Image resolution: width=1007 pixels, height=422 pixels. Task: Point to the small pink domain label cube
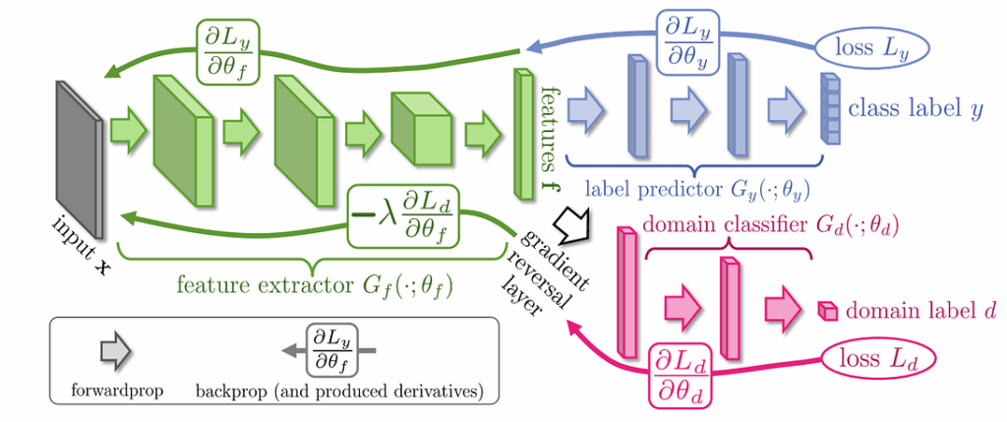click(829, 312)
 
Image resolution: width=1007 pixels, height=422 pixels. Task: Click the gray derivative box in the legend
click(333, 349)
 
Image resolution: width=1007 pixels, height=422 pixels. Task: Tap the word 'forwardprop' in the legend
click(116, 391)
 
